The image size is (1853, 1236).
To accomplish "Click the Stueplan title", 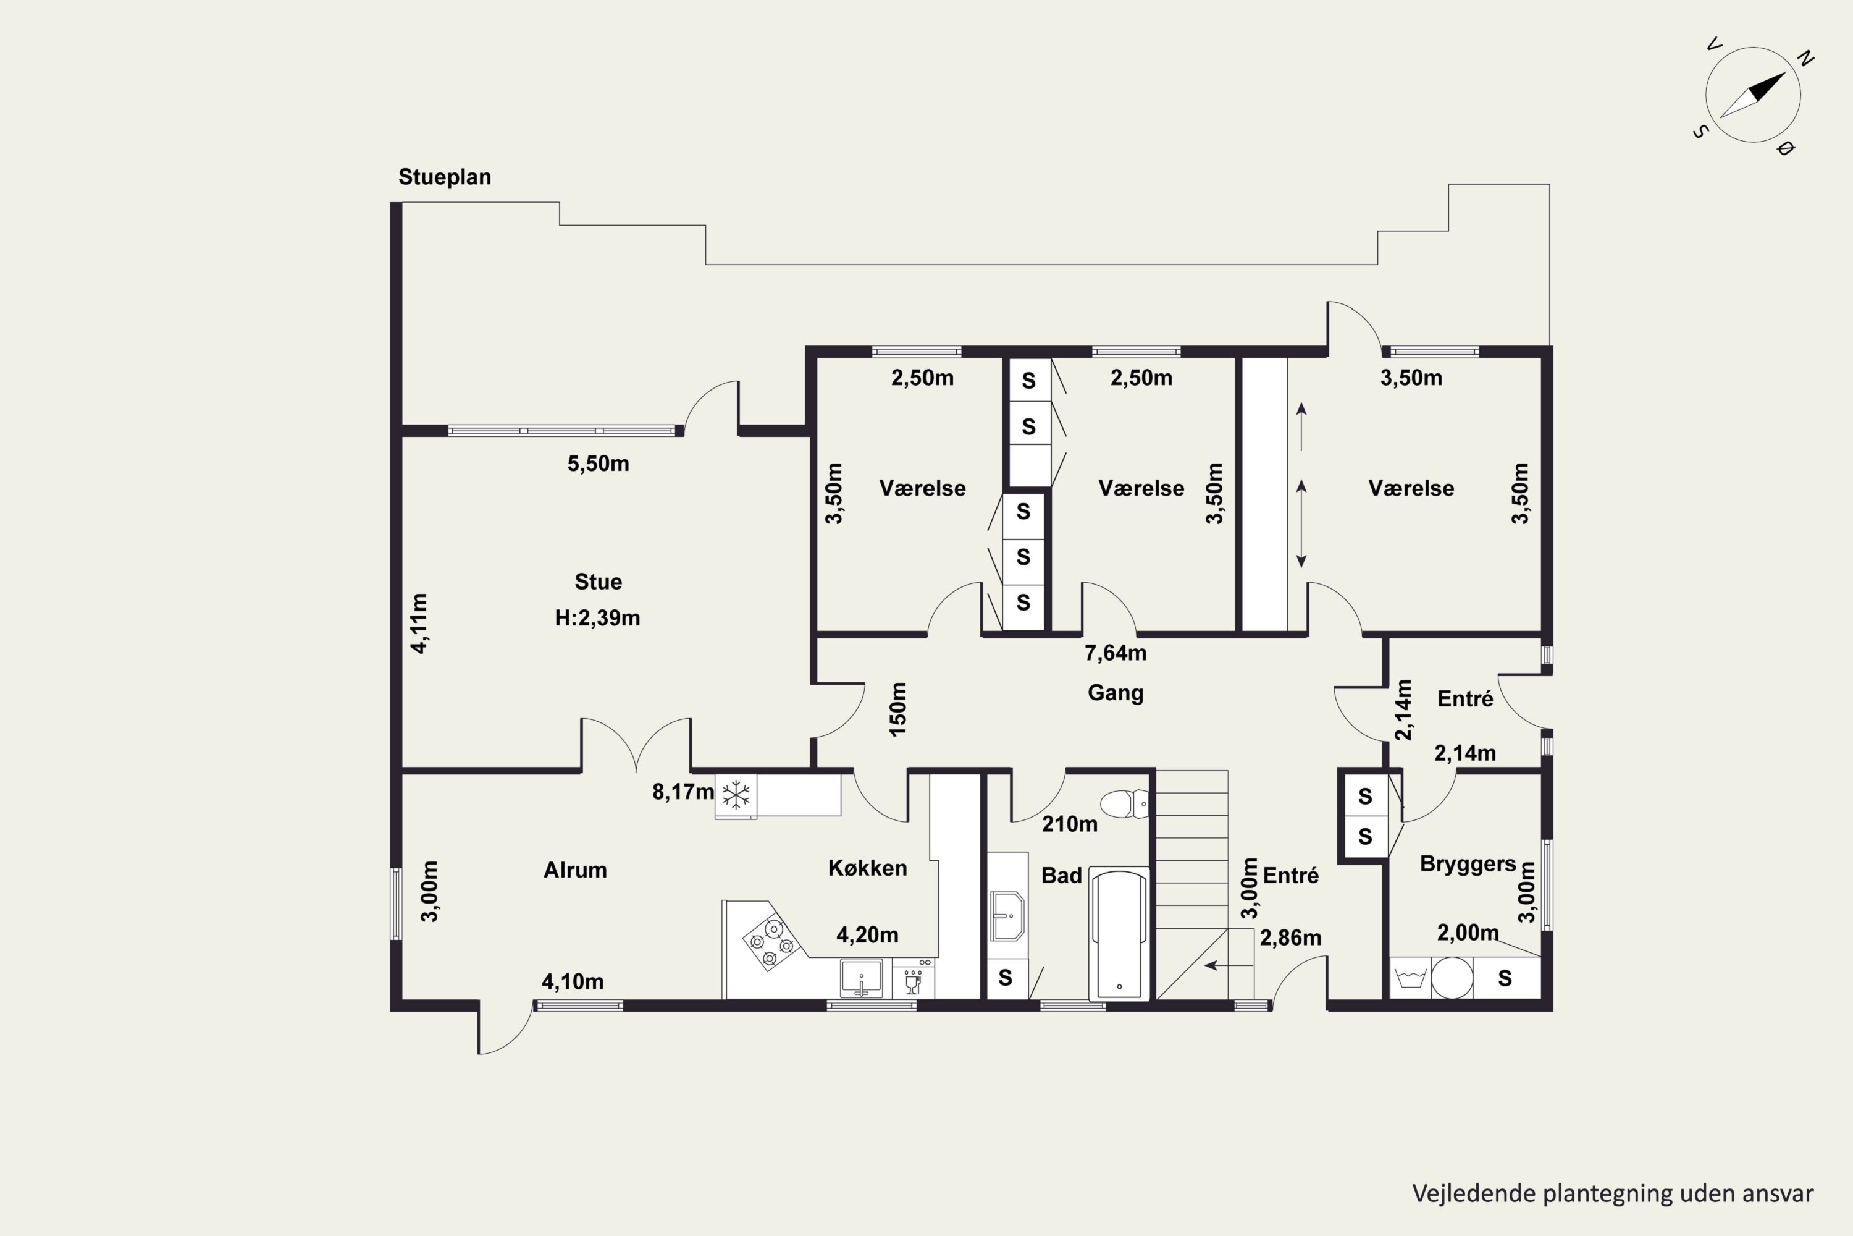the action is coord(444,177).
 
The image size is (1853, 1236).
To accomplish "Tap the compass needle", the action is coord(1752,95).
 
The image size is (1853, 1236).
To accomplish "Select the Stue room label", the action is coord(598,582).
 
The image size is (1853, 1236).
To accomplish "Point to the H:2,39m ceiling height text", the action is coord(597,617).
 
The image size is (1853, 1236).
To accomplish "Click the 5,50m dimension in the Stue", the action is coord(598,463).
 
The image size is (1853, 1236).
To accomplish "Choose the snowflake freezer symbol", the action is coord(736,795).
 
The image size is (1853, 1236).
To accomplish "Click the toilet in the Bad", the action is coord(1124,804).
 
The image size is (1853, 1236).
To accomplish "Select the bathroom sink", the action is coord(1007,916).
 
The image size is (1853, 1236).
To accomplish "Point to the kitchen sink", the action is coord(861,978).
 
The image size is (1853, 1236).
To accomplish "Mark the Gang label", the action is coord(1115,693).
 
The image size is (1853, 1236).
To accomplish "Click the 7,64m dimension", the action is coord(1115,653).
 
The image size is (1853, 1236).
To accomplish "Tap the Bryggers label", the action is coord(1468,864).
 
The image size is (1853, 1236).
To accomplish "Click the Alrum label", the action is coord(575,870).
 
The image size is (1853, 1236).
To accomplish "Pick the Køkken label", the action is coord(867,868).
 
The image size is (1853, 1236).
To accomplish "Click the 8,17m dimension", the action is coord(683,792).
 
